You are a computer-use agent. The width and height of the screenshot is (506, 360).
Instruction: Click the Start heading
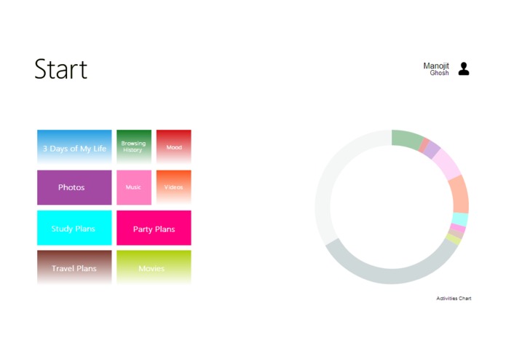pyautogui.click(x=60, y=69)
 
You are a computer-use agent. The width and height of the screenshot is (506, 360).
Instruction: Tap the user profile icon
pyautogui.click(x=464, y=69)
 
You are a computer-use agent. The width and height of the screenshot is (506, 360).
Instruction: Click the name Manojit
pyautogui.click(x=436, y=66)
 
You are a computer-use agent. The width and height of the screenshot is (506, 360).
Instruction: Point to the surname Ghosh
pyautogui.click(x=439, y=74)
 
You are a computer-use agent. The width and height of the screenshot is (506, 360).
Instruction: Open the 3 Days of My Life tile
pyautogui.click(x=74, y=147)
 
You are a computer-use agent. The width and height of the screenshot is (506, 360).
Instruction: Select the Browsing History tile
pyautogui.click(x=134, y=146)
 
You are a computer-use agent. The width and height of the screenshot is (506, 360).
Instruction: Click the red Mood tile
pyautogui.click(x=174, y=146)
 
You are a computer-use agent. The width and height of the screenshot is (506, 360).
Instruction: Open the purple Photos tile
pyautogui.click(x=74, y=187)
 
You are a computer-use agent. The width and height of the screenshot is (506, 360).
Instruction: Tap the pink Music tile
pyautogui.click(x=134, y=187)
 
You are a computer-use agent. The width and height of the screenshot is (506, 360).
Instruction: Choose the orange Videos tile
pyautogui.click(x=174, y=187)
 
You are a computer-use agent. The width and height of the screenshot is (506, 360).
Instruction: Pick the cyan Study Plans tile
pyautogui.click(x=74, y=228)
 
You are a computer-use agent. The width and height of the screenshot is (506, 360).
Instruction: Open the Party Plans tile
pyautogui.click(x=154, y=228)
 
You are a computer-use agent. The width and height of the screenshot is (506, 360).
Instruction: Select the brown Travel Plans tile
pyautogui.click(x=74, y=267)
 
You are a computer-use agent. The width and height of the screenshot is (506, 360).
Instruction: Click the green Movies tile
pyautogui.click(x=154, y=267)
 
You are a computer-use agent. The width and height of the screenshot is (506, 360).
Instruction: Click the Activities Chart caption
pyautogui.click(x=454, y=298)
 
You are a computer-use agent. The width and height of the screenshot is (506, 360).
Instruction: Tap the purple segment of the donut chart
pyautogui.click(x=432, y=150)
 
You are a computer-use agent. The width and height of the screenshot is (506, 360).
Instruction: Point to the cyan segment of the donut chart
pyautogui.click(x=459, y=219)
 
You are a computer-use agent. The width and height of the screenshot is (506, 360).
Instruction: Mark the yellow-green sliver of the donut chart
pyautogui.click(x=453, y=239)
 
